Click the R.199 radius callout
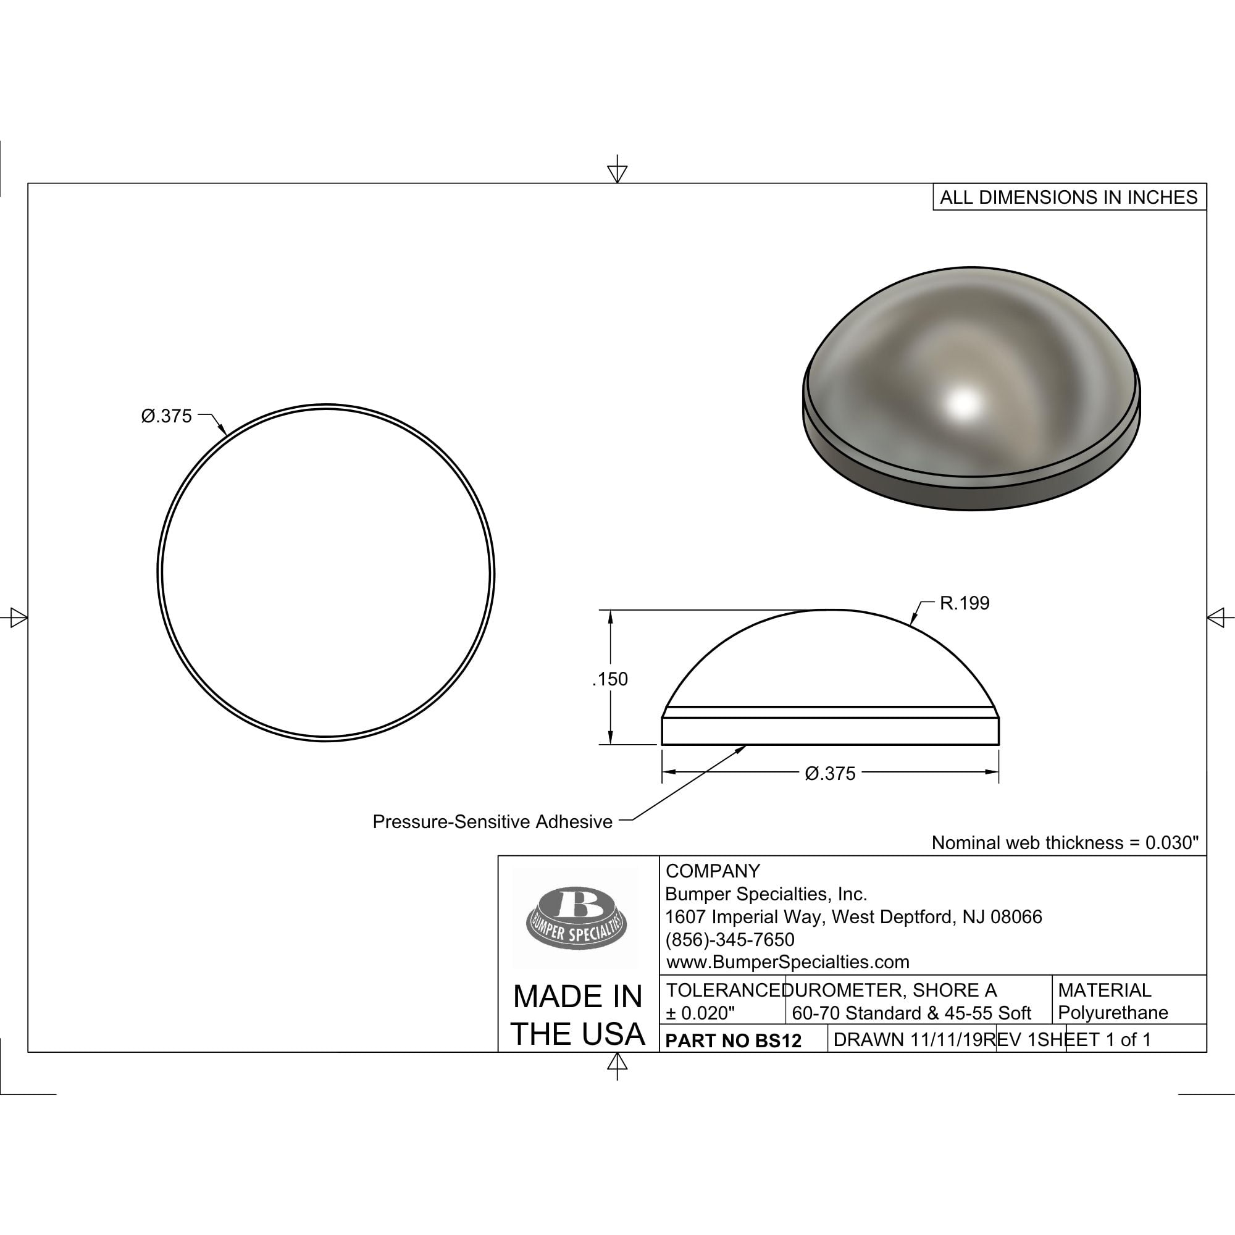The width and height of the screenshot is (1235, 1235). pyautogui.click(x=964, y=603)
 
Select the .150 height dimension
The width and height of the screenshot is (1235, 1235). pyautogui.click(x=610, y=679)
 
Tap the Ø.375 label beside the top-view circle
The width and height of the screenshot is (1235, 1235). pyautogui.click(x=166, y=416)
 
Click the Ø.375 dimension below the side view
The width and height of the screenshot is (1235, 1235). pyautogui.click(x=830, y=774)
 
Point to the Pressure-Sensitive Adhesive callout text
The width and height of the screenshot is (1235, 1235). pyautogui.click(x=492, y=821)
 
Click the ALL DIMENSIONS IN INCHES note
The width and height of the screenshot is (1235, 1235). pyautogui.click(x=1069, y=197)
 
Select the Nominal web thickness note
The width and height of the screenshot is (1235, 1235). pyautogui.click(x=1065, y=842)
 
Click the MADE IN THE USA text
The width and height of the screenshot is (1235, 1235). pyautogui.click(x=578, y=1015)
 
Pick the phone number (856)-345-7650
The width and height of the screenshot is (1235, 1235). pyautogui.click(x=730, y=939)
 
